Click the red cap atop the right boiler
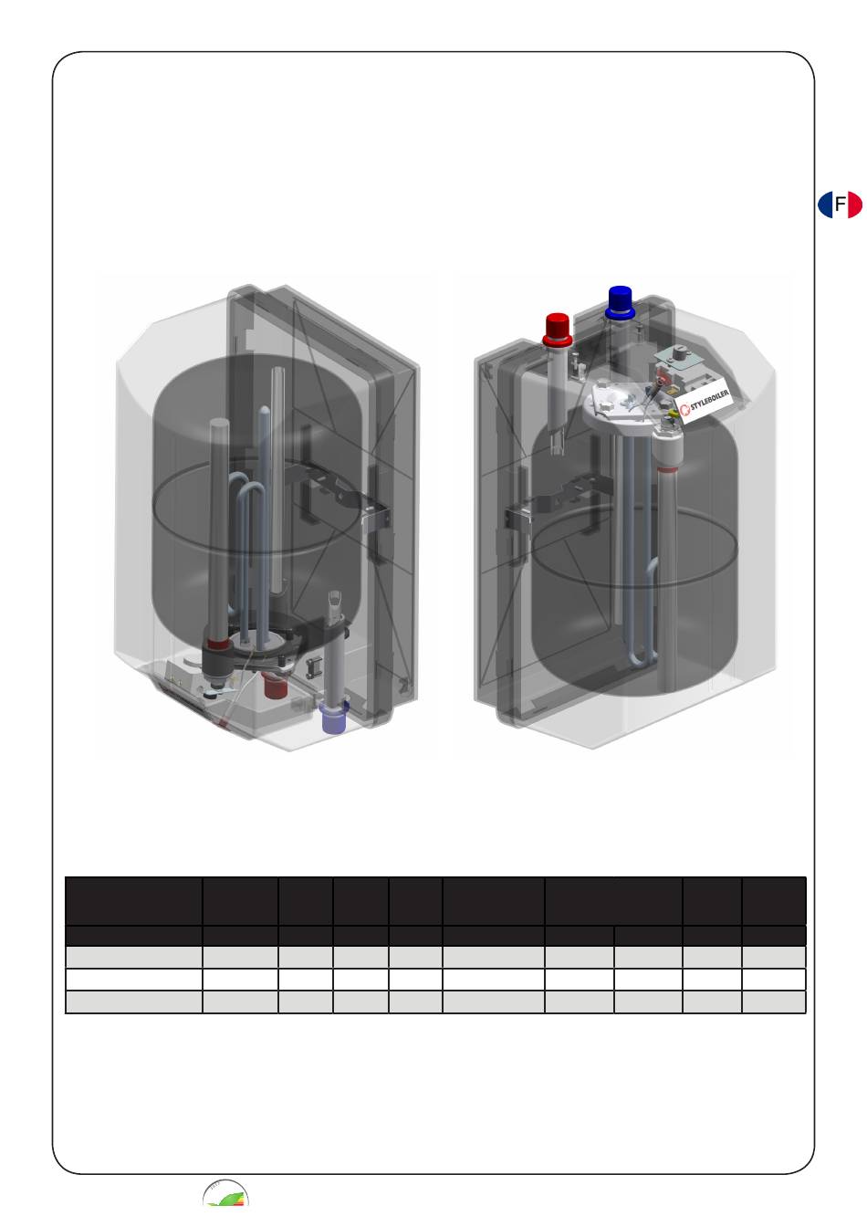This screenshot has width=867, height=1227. point(558,330)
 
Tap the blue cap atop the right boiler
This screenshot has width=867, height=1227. point(620,302)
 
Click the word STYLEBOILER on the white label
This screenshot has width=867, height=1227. point(709,401)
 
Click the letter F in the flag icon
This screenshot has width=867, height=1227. point(840,204)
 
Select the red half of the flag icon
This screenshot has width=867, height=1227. point(854,204)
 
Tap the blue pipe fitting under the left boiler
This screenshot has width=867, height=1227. point(333,718)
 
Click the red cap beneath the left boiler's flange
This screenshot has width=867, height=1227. point(274,686)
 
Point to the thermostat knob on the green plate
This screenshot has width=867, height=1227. point(682,354)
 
